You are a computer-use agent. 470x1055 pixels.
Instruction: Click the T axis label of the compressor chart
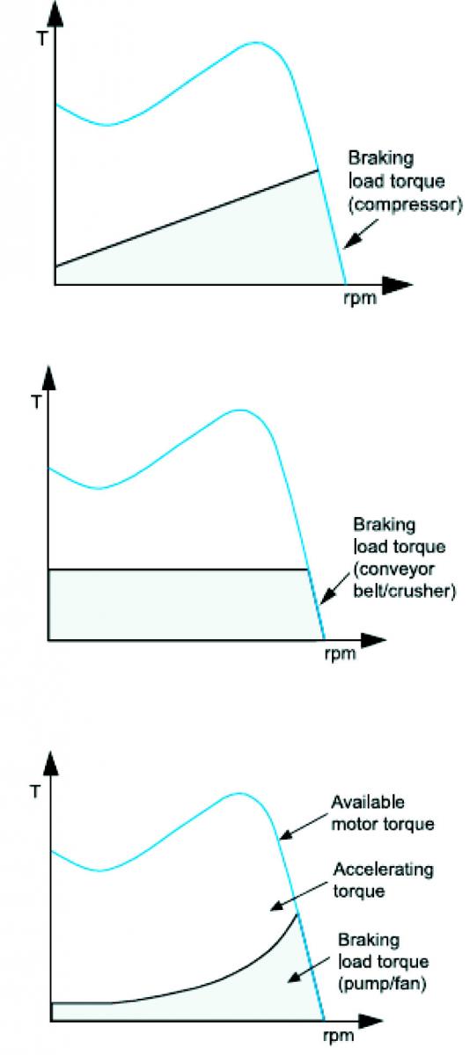click(x=42, y=38)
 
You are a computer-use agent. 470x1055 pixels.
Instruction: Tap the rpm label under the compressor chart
click(x=360, y=298)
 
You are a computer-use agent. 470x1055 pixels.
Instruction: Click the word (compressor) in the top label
click(x=406, y=205)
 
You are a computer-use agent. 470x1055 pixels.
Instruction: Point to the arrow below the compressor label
click(x=361, y=233)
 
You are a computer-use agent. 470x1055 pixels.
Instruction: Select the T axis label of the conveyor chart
click(x=36, y=404)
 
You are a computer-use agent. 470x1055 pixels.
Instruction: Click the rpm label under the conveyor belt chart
click(x=340, y=654)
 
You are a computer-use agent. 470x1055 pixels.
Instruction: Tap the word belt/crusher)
click(x=405, y=591)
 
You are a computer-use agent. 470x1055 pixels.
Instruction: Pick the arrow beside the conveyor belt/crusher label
click(x=336, y=588)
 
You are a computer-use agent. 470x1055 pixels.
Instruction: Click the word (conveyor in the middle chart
click(x=393, y=569)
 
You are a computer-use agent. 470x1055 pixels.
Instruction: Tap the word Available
click(x=368, y=802)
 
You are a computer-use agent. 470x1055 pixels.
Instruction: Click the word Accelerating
click(x=383, y=869)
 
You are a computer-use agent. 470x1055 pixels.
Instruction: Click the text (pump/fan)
click(x=382, y=984)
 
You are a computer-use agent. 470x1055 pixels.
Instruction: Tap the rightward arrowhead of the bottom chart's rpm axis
click(x=368, y=1021)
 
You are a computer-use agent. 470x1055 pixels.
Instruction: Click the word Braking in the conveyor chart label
click(x=385, y=525)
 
